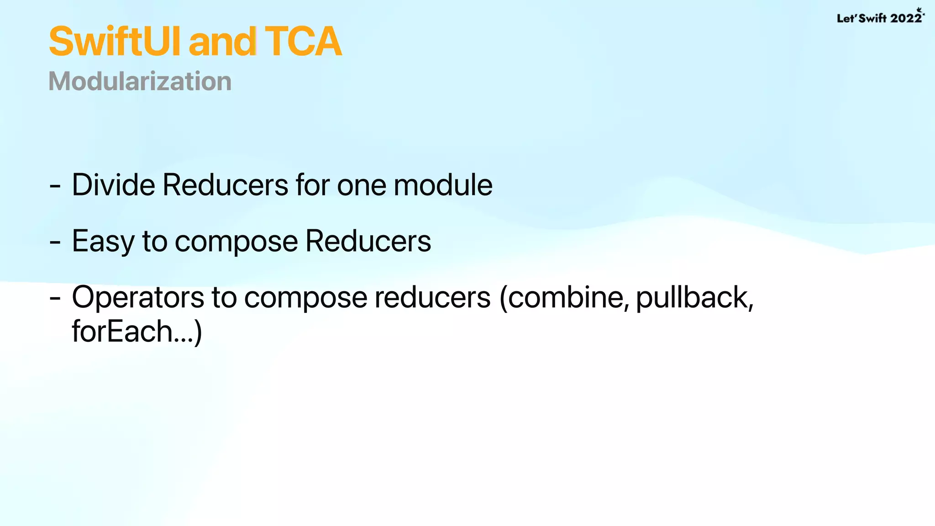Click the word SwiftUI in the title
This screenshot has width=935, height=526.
(x=114, y=42)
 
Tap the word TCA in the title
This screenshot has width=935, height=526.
(x=303, y=42)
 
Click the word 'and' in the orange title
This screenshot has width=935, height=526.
(x=222, y=42)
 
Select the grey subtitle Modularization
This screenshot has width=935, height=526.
(x=140, y=81)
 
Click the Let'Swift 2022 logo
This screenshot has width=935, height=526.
(x=879, y=17)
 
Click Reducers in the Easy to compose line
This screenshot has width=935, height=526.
(x=368, y=241)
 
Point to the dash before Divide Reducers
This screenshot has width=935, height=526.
(x=55, y=186)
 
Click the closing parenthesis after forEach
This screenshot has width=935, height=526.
(x=198, y=332)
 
